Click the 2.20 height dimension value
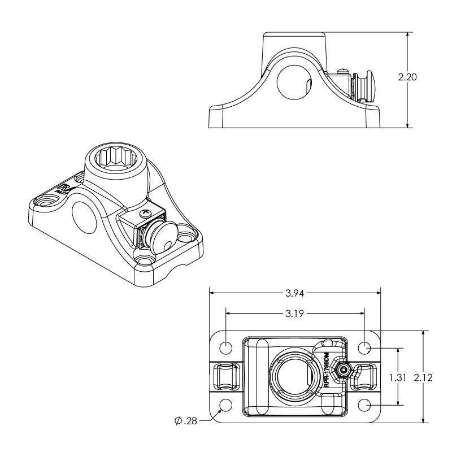(407, 78)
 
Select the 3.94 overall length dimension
(294, 293)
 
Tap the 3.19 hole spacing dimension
(294, 313)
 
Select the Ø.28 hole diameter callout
(184, 420)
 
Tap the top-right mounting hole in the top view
(364, 347)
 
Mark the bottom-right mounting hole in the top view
(364, 405)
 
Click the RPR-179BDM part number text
(327, 370)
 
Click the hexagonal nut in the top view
(343, 371)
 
